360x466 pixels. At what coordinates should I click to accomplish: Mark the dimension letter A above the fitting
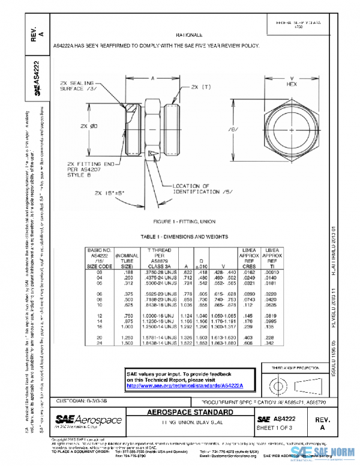[152, 78]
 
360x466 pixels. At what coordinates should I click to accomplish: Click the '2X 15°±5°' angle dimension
[109, 193]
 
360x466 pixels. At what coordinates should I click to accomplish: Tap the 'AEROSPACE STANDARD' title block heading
[191, 413]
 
